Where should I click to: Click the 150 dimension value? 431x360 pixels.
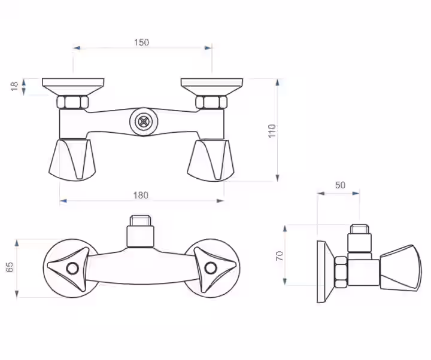pos(141,42)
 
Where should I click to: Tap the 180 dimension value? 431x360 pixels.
pos(141,195)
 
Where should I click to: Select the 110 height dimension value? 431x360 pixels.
pos(272,131)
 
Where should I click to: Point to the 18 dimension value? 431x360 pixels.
pos(14,86)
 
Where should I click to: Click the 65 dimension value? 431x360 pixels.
pos(10,267)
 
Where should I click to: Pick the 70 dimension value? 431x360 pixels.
pos(280,256)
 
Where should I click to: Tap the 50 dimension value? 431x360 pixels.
pos(340,185)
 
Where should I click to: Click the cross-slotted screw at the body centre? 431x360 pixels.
pos(144,121)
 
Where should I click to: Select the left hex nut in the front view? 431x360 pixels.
pos(73,102)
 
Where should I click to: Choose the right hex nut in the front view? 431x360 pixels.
pos(211,102)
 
